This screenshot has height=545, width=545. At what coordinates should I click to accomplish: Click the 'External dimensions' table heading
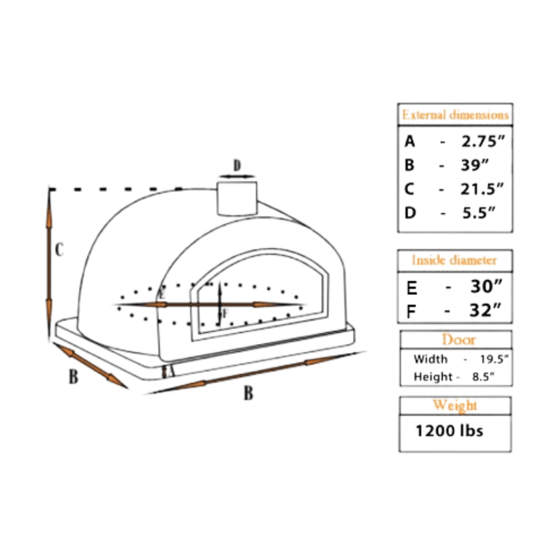[x=455, y=114]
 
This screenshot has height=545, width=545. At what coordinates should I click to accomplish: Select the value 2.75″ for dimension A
[x=483, y=142]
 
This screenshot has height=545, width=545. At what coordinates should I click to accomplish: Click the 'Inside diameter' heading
[x=454, y=260]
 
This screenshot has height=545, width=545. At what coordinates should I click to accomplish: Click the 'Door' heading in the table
[x=458, y=339]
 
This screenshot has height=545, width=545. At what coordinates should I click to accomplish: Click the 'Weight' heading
[x=455, y=406]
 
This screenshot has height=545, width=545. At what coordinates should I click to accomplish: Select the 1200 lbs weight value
[x=450, y=431]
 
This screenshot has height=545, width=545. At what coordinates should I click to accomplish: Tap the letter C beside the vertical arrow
[x=60, y=250]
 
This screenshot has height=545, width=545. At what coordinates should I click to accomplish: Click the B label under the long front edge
[x=249, y=393]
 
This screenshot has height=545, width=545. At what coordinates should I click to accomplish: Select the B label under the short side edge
[x=73, y=377]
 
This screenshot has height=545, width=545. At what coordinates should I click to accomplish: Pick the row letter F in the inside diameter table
[x=411, y=311]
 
